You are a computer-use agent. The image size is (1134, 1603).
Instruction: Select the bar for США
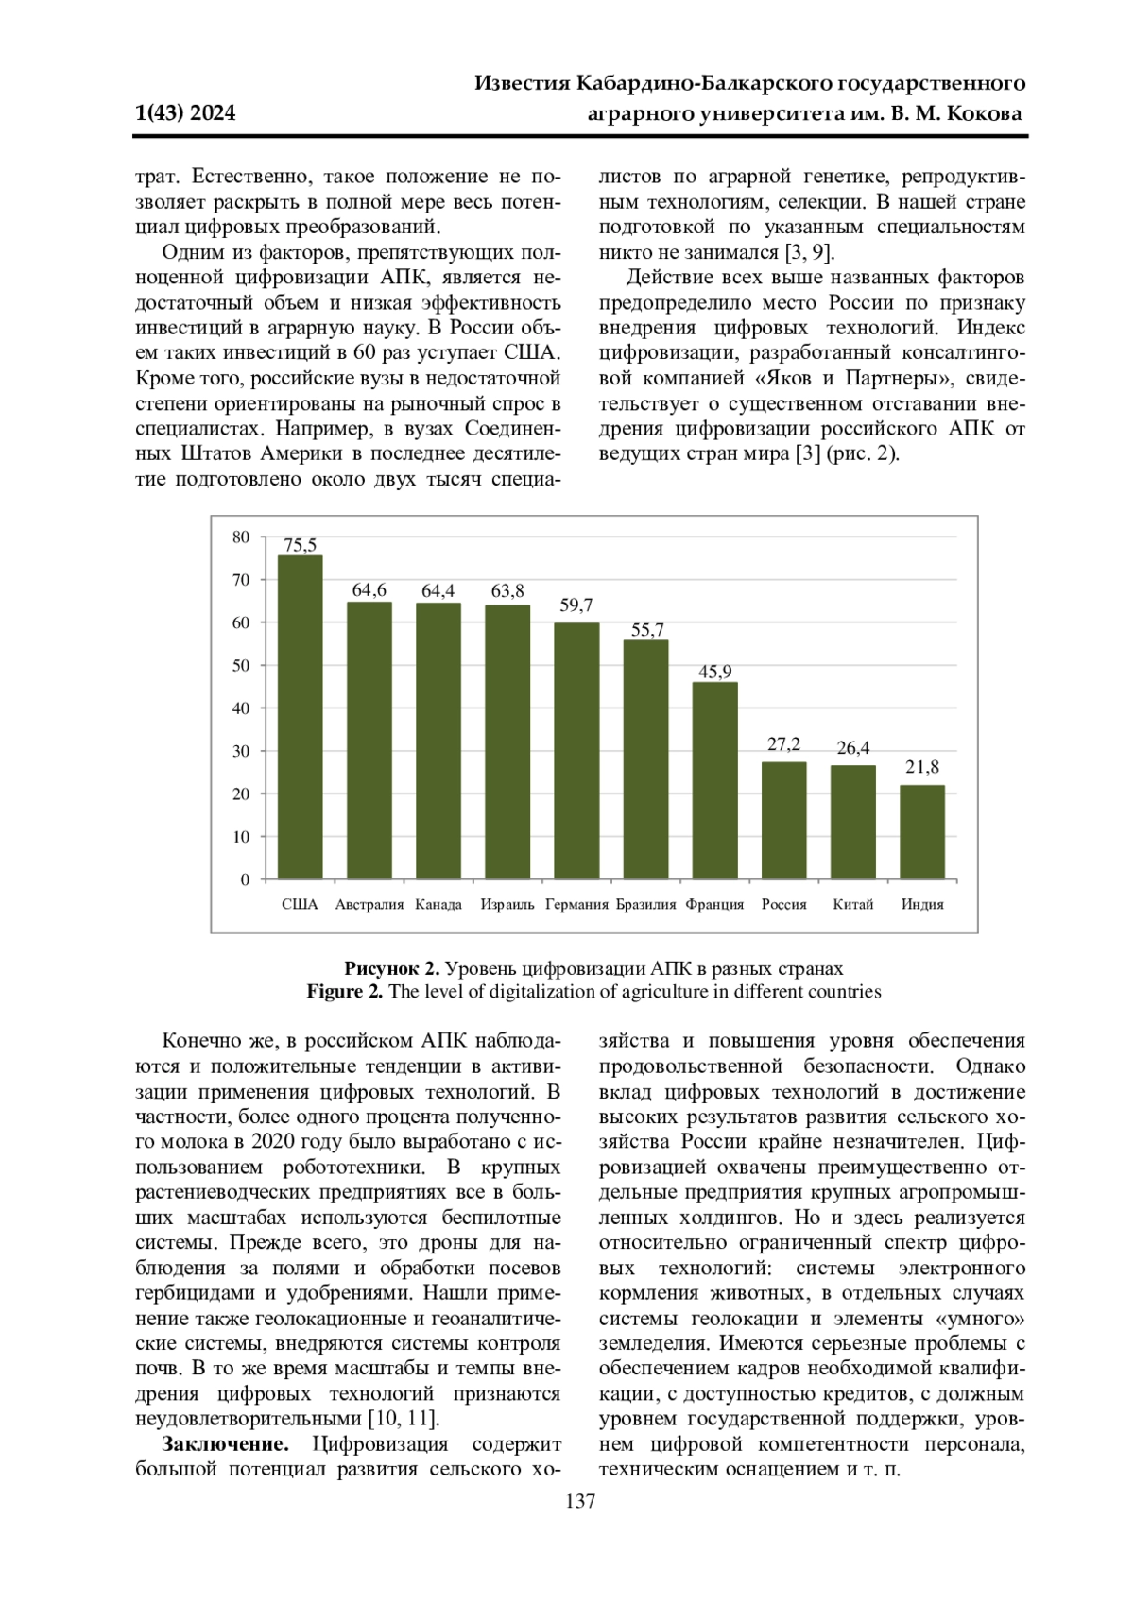(x=300, y=717)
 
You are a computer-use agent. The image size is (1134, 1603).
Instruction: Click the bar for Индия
(x=922, y=831)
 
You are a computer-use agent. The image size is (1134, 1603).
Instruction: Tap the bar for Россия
(x=783, y=820)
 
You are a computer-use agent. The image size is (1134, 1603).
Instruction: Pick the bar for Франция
(x=714, y=780)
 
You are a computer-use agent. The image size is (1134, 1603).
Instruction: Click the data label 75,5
(x=300, y=545)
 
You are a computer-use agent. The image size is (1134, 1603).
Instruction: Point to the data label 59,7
(x=576, y=605)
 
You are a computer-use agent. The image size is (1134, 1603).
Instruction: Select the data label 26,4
(x=852, y=748)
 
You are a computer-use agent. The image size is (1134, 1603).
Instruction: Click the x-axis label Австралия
(x=369, y=904)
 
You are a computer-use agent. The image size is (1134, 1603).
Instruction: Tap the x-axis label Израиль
(x=507, y=904)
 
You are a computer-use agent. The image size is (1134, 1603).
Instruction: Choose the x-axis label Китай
(x=852, y=904)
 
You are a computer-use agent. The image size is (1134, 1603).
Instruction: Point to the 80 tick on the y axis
(x=241, y=537)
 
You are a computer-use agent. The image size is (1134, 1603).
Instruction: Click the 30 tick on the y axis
(x=241, y=751)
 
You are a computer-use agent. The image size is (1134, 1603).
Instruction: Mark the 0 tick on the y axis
(x=246, y=879)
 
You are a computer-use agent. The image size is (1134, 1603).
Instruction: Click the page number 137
(x=580, y=1501)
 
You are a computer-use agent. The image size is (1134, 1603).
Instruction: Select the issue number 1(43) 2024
(x=186, y=113)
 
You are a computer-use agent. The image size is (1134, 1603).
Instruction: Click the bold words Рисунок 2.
(x=391, y=968)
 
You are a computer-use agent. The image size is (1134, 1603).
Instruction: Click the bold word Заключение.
(x=225, y=1443)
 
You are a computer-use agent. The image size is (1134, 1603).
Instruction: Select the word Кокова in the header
(x=984, y=113)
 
